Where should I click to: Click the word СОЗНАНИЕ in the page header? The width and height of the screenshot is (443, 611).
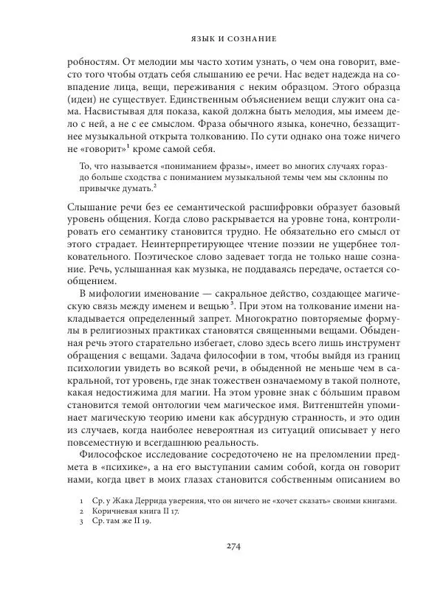tap(249, 36)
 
